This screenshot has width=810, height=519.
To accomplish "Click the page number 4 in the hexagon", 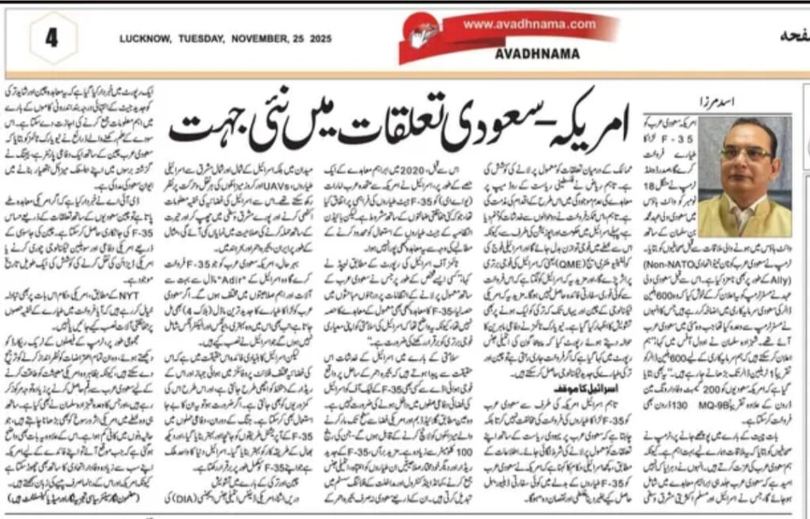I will click(x=52, y=37).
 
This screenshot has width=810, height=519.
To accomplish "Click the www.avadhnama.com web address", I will click(x=529, y=25).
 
